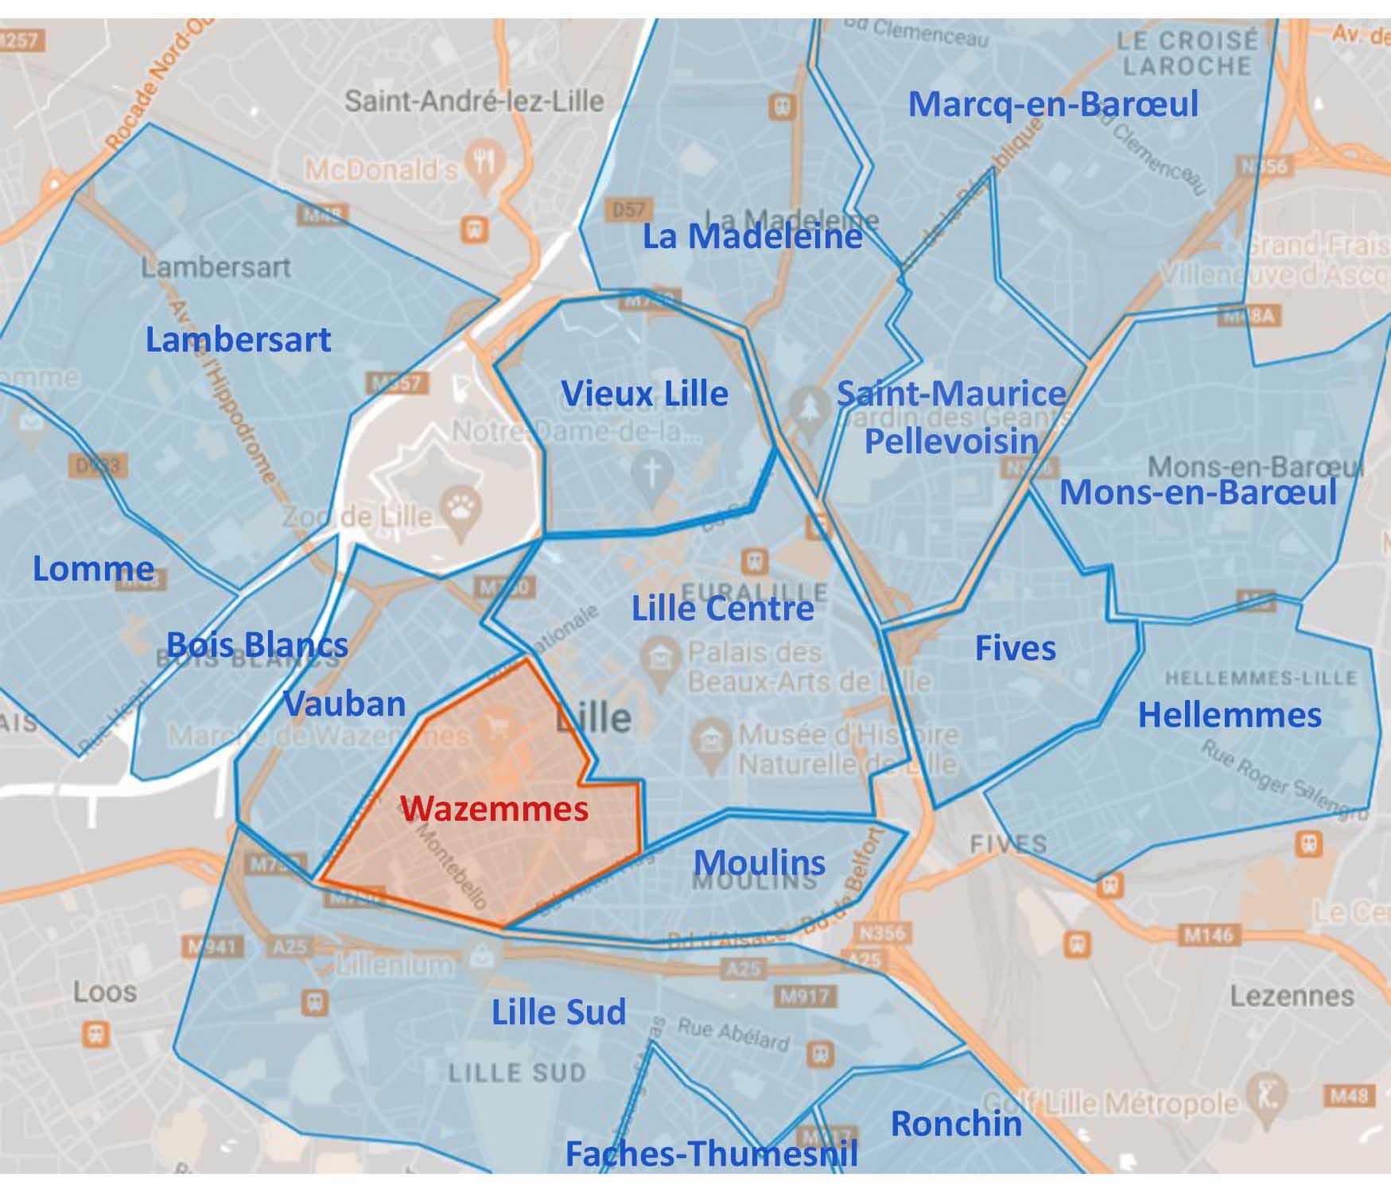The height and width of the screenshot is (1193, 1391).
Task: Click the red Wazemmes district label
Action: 494,809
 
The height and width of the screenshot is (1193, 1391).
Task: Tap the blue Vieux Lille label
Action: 644,394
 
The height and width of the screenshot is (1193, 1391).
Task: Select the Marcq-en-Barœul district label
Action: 1053,104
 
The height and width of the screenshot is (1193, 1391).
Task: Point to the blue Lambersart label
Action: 238,340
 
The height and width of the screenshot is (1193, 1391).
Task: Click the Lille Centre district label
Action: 722,609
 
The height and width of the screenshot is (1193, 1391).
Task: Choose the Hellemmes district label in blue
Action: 1230,715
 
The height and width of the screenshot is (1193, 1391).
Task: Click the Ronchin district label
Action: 956,1124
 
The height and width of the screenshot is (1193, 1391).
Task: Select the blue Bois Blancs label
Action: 257,644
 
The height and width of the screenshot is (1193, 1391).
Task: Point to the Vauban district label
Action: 344,704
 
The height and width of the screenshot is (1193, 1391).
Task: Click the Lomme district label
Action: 93,569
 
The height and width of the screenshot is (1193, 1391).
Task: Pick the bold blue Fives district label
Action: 1016,648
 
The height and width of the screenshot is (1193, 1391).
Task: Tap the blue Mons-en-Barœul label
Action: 1198,492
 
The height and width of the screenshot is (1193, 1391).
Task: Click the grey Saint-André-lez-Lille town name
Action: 474,102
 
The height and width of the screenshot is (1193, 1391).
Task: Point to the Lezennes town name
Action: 1291,996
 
